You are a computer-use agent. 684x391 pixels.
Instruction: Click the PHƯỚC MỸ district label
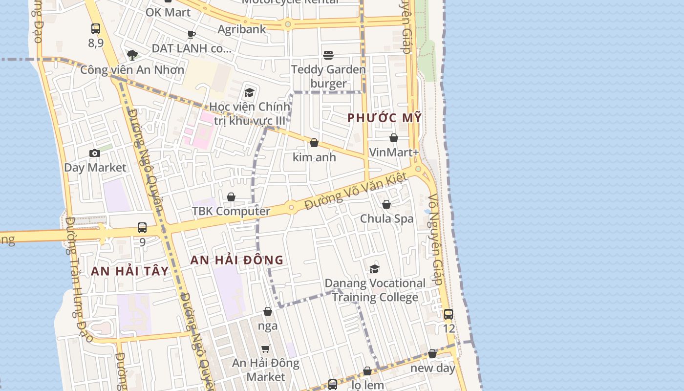(384, 118)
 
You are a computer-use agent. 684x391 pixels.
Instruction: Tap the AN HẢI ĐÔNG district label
(236, 260)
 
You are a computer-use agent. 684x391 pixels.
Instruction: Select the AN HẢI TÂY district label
(129, 271)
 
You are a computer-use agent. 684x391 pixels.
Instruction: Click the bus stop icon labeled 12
(448, 314)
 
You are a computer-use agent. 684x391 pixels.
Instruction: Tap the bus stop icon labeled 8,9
(96, 29)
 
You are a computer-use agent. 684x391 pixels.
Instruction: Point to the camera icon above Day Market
(95, 153)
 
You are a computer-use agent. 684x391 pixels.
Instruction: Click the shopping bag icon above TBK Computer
(231, 197)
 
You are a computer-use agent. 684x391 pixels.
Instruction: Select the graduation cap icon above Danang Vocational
(374, 269)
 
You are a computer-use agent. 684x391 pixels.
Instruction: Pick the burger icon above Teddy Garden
(328, 55)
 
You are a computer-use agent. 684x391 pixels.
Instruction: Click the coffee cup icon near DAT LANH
(192, 34)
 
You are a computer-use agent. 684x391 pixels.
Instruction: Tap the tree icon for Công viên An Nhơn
(132, 55)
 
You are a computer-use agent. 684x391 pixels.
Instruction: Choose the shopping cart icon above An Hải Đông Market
(266, 348)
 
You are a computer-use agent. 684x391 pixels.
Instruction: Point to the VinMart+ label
(394, 152)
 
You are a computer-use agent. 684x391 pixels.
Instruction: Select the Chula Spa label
(386, 218)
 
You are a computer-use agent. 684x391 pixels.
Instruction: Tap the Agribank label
(242, 29)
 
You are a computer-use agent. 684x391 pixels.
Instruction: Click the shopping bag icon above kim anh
(314, 143)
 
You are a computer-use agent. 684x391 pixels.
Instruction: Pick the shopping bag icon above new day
(432, 353)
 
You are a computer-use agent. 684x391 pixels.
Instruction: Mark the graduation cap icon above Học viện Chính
(250, 92)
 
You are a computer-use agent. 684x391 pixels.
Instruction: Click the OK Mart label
(168, 12)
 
